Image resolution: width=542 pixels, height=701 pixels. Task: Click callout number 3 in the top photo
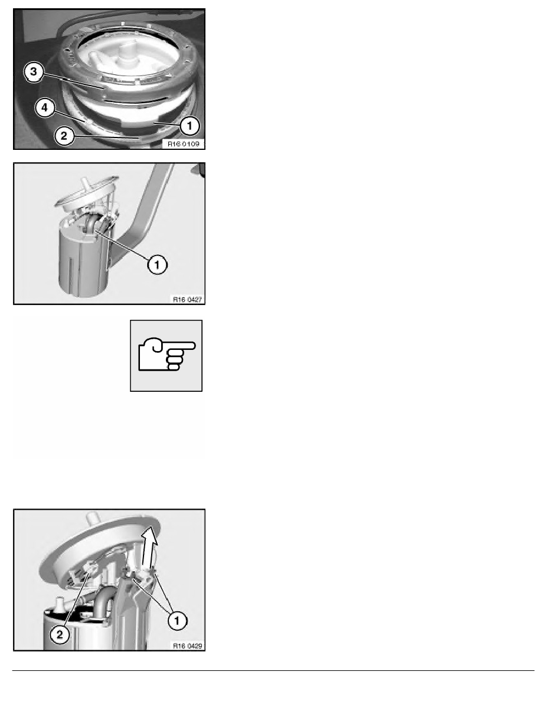click(x=34, y=71)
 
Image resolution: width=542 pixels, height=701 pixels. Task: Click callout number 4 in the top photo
click(x=45, y=108)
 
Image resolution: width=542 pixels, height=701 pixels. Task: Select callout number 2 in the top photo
click(x=64, y=136)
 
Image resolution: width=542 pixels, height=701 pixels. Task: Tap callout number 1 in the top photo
click(x=190, y=126)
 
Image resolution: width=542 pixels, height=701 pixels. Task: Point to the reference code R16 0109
click(x=184, y=144)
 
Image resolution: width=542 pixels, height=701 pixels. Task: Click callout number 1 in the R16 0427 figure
click(x=157, y=265)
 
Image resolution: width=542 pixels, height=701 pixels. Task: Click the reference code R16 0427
click(x=187, y=300)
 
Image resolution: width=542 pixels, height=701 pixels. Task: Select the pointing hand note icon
click(x=166, y=356)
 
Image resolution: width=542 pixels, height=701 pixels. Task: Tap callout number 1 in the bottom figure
click(x=177, y=621)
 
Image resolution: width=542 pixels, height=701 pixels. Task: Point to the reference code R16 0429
click(x=187, y=646)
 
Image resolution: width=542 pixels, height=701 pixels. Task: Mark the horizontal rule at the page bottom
click(x=273, y=670)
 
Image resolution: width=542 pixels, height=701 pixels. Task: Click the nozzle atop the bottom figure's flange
click(x=93, y=519)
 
